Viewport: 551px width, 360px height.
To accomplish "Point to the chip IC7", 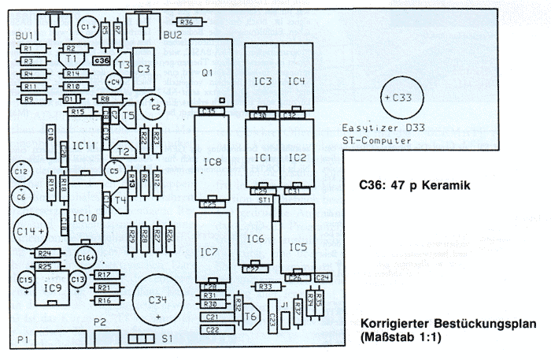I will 209,251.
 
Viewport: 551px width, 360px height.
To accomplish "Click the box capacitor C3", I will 143,69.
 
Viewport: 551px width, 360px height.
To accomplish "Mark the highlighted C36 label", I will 102,60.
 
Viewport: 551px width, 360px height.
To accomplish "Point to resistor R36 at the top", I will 187,22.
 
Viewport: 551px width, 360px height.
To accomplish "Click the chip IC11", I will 85,146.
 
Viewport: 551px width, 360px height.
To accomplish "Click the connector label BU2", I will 172,35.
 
